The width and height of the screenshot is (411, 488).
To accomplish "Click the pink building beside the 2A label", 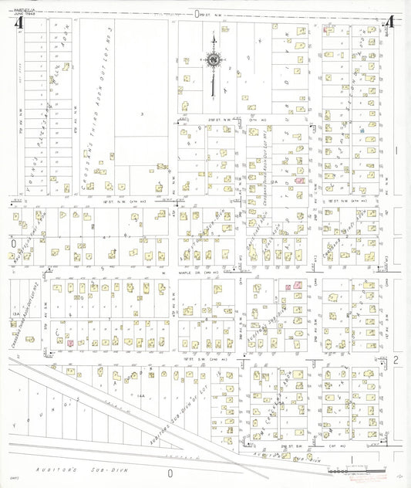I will tap(299, 180).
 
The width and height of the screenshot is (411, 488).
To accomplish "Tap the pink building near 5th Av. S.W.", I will tap(69, 342).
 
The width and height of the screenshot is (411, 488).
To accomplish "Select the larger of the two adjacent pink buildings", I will tap(295, 285).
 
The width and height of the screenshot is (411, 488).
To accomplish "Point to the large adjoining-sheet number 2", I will tap(394, 360).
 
